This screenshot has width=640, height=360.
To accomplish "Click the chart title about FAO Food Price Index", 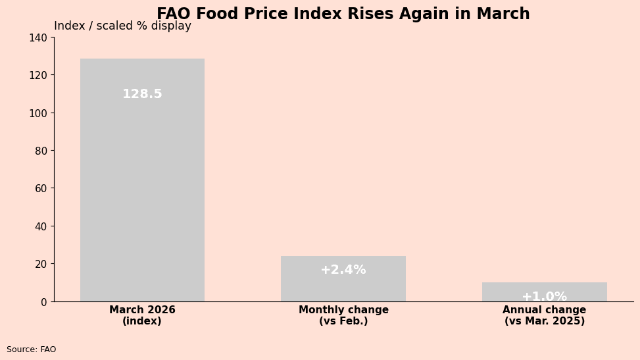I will point(343,14).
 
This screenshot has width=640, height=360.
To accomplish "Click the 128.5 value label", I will point(142,94).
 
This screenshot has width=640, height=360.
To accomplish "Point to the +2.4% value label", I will point(343,270).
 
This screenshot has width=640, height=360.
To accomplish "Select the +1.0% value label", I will point(544,297).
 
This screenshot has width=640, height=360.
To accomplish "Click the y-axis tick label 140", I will point(37,38).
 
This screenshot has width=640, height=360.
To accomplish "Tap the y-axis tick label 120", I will point(37,75).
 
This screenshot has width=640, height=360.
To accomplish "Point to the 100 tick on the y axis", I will point(37,113).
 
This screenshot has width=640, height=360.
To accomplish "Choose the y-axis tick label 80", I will point(40,151).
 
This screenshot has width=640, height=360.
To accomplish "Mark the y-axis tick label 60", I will point(40,188).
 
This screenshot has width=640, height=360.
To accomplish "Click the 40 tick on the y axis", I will point(40,226).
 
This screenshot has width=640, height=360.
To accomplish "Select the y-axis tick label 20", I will point(40,264).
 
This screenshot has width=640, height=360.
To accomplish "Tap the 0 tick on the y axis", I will point(43,301).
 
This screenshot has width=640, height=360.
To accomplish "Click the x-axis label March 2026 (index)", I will point(142,315).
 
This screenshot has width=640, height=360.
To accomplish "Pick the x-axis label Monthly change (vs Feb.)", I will point(343,315).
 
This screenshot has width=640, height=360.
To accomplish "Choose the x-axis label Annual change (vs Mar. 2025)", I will point(544,315).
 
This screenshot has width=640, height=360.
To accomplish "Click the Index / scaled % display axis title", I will point(122,26).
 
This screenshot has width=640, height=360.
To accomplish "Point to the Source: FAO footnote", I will point(32,349).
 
